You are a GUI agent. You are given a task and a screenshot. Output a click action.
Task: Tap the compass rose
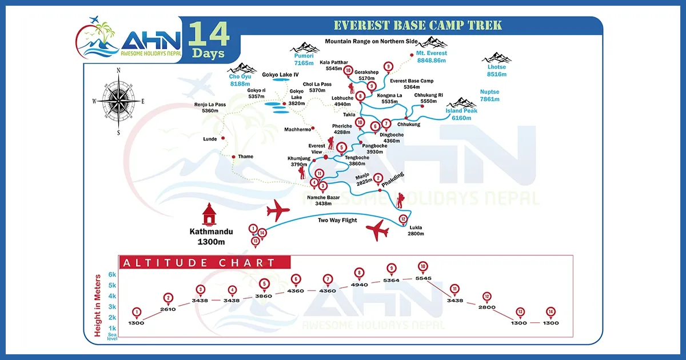tap(118, 101)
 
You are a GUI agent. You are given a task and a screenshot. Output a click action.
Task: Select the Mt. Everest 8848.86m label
tap(431, 57)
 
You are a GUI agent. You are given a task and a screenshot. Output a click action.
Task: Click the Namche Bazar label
tap(323, 200)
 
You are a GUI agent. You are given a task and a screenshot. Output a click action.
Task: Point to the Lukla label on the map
tap(415, 230)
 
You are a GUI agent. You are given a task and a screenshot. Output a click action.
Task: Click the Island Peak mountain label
tap(461, 114)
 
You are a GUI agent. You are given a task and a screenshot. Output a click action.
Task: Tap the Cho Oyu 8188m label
tap(241, 80)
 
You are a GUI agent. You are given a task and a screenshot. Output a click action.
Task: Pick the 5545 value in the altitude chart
tap(424, 278)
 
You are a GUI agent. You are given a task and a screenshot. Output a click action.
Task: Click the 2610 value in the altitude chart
tap(168, 309)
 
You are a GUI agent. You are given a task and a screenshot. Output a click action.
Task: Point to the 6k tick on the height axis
tap(113, 274)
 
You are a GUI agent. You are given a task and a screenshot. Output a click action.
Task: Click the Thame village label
tap(245, 157)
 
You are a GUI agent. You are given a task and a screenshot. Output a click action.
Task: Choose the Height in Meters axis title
tap(98, 305)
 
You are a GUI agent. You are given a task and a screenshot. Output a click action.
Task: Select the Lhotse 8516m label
tap(497, 70)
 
